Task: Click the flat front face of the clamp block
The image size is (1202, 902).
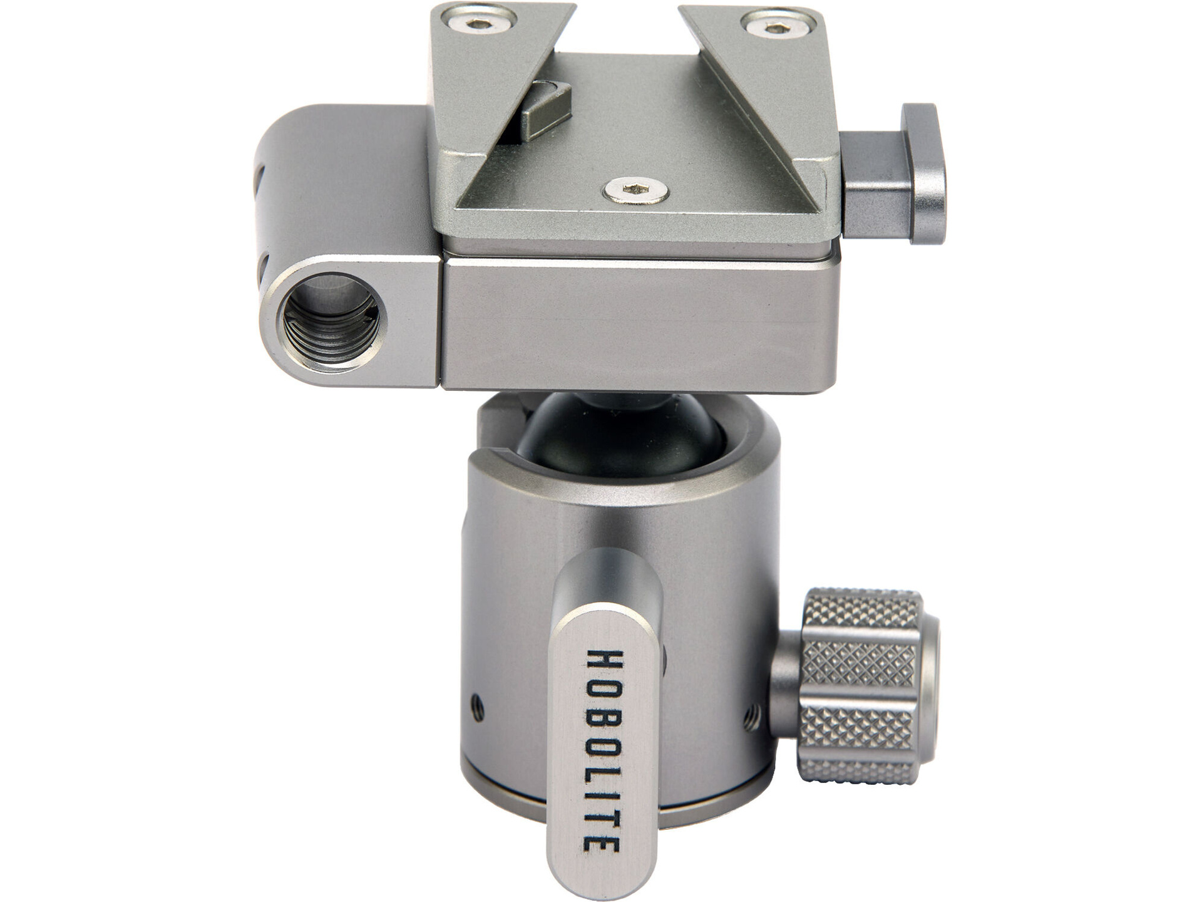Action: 639,326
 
